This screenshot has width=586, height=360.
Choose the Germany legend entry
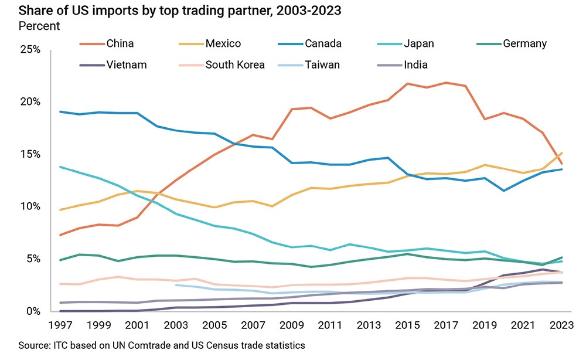point(524,43)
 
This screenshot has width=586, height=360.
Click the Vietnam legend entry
point(127,64)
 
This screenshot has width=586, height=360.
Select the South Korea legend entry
point(235,64)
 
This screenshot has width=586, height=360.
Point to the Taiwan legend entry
point(322,64)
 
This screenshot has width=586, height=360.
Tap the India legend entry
point(415,64)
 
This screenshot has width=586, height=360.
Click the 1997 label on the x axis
point(61,325)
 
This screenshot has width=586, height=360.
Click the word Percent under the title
point(39,26)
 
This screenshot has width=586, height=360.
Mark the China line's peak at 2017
point(447,83)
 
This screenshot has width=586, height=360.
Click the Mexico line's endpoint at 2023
point(562,153)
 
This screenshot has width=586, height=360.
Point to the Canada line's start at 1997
point(61,111)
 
